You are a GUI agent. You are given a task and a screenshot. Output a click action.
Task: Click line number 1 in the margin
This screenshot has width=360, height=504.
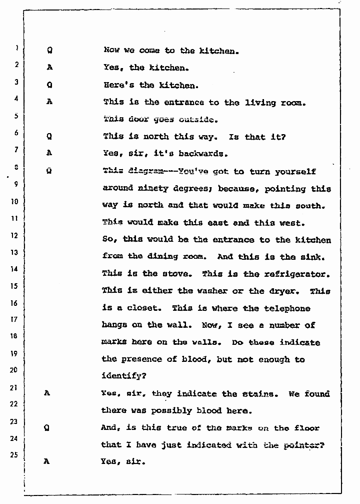[16, 49]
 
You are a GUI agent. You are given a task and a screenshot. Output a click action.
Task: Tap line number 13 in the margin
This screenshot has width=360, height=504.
[14, 252]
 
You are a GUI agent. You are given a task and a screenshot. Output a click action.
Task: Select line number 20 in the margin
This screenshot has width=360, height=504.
[14, 370]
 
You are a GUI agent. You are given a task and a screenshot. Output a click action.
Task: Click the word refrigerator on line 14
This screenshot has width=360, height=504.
[299, 274]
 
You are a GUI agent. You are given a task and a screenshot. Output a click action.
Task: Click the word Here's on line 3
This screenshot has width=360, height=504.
[116, 85]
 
